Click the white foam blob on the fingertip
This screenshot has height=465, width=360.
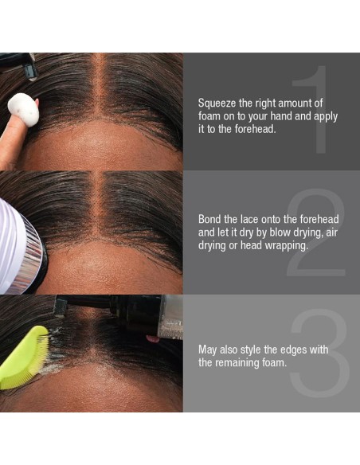[x=23, y=110]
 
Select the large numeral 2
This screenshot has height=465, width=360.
[x=316, y=232]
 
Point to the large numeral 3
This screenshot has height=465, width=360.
[x=319, y=353]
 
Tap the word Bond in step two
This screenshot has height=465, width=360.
[x=209, y=220]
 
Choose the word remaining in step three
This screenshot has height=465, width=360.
[x=237, y=363]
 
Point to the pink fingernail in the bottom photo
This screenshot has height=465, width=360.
[x=152, y=338]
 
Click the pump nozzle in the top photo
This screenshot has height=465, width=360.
[x=30, y=72]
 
